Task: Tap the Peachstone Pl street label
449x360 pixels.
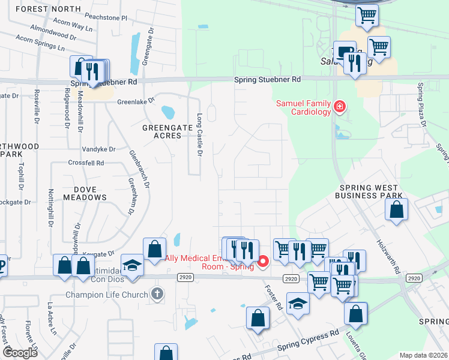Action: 106,18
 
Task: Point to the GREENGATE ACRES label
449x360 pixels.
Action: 162,131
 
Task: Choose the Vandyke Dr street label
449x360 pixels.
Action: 98,149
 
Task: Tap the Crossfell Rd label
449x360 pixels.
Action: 86,163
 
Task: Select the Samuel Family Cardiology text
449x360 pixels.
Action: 303,107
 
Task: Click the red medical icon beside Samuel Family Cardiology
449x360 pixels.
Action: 340,107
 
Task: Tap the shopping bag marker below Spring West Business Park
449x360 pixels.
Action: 397,210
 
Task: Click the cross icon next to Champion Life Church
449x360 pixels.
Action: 157,294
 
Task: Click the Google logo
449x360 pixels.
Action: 20,353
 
